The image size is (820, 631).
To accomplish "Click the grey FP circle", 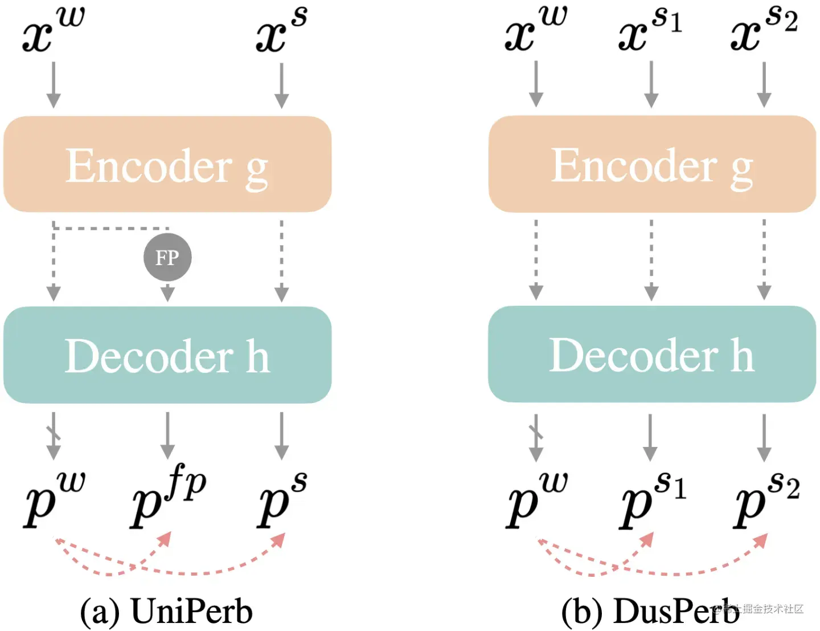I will point(167,257).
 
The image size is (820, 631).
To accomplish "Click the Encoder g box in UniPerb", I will point(167,165).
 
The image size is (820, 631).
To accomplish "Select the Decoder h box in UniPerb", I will point(167,355).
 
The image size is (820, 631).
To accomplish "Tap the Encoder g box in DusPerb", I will point(652,165).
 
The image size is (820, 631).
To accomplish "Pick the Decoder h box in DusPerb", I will point(652,354).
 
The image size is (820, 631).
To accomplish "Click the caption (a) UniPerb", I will point(166,611).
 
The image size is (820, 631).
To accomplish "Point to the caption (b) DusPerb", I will point(649,611).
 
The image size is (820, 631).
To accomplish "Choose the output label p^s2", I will point(766,498).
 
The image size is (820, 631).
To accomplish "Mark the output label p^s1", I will point(653,498).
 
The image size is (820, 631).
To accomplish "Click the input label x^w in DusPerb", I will point(536,31).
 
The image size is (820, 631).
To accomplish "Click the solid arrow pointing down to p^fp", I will point(167,435).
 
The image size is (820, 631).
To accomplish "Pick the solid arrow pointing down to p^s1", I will point(650,437).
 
